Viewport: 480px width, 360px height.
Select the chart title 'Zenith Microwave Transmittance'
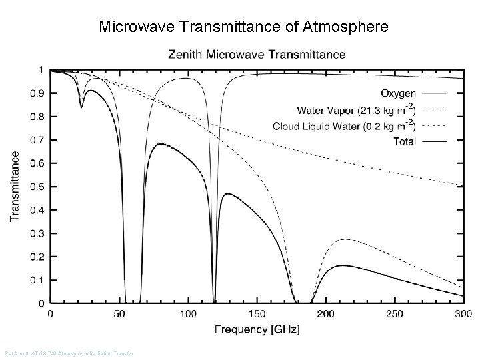pos(257,54)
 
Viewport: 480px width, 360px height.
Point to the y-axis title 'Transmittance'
pos(15,186)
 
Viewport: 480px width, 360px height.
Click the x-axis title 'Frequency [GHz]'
pos(257,329)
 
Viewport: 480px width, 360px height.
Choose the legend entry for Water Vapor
pos(355,109)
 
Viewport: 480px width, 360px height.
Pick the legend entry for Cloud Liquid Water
pos(343,125)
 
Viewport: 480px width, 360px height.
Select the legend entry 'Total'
pos(404,141)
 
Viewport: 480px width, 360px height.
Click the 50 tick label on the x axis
pos(119,314)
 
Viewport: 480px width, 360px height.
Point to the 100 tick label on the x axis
pos(188,314)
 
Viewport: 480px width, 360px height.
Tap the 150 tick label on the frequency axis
pos(257,314)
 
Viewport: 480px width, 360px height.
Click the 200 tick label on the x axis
pos(325,314)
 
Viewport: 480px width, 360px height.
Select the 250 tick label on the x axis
pos(394,314)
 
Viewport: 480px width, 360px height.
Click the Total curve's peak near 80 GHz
pos(159,144)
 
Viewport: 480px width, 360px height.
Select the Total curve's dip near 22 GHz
pos(81,107)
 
